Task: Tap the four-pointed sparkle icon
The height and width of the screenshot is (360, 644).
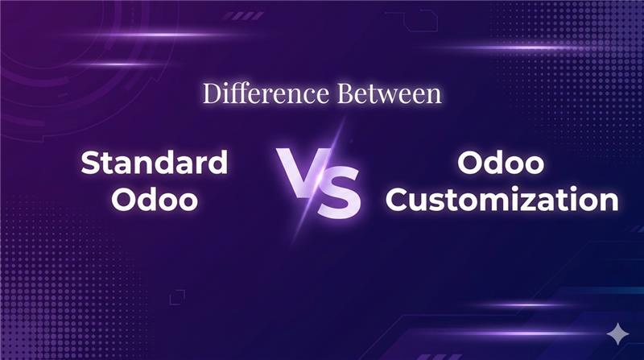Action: pyautogui.click(x=617, y=333)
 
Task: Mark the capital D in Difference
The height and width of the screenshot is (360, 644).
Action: pyautogui.click(x=212, y=93)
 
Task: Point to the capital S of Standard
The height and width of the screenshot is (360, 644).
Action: pyautogui.click(x=92, y=163)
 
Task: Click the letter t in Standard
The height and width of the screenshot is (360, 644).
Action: pyautogui.click(x=110, y=164)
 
